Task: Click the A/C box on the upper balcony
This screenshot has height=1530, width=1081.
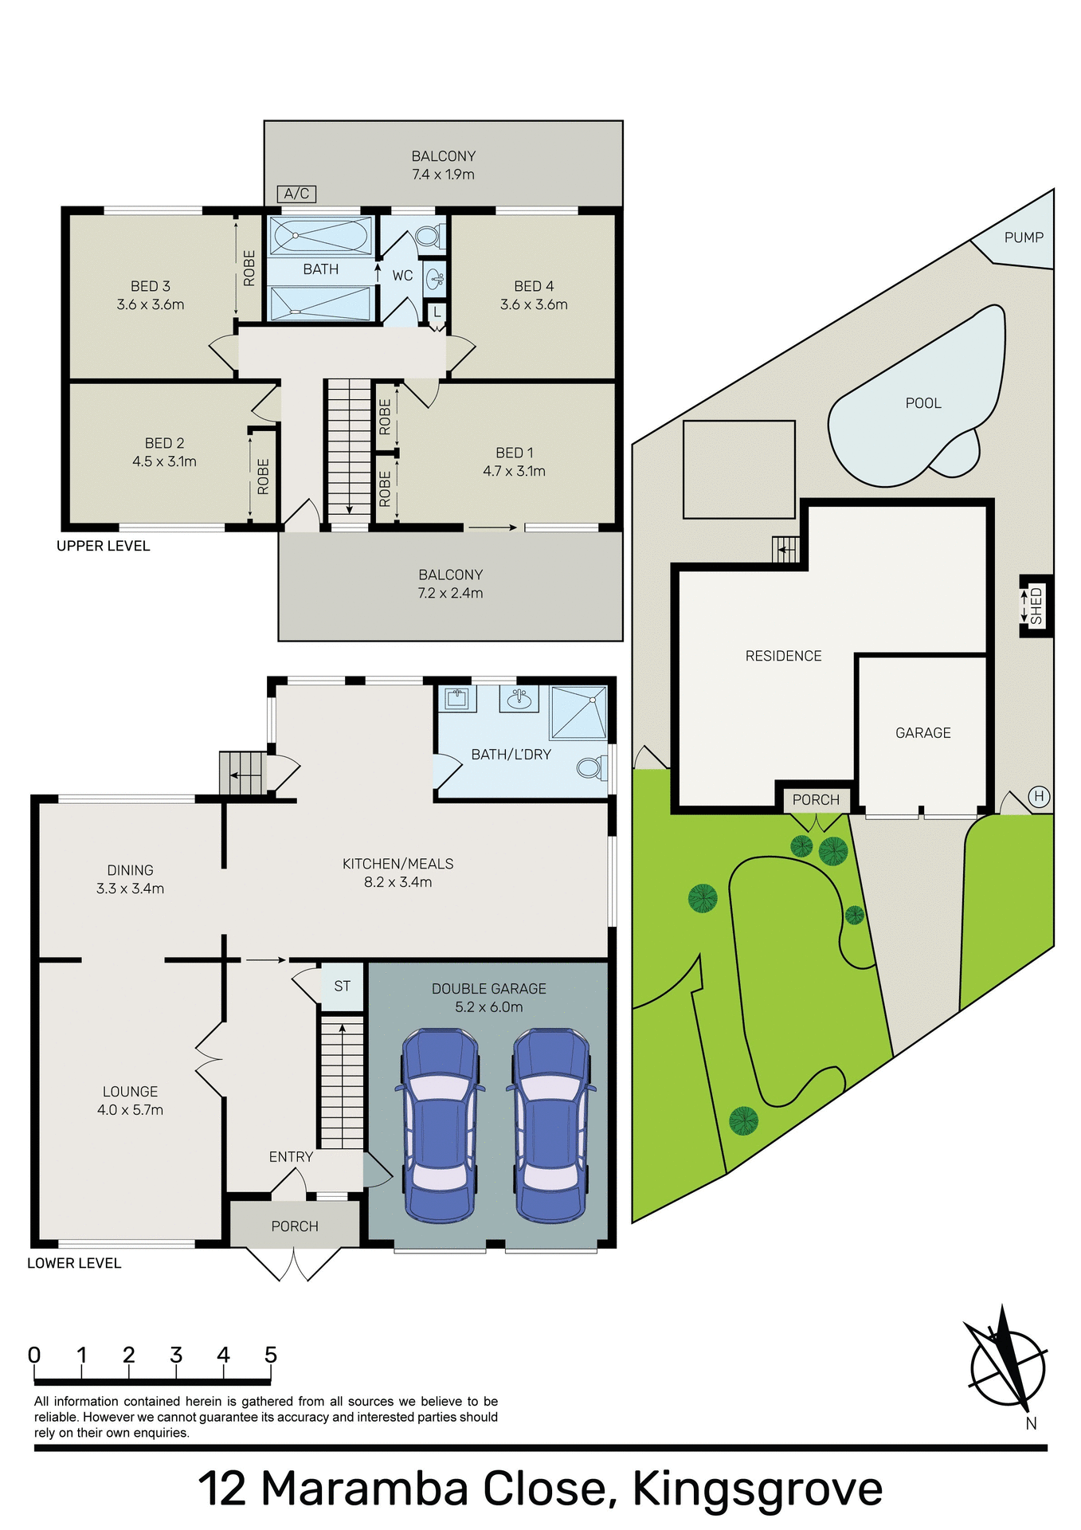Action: (296, 194)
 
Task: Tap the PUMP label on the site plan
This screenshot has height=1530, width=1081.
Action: (1023, 237)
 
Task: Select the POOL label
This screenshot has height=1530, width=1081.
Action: (922, 403)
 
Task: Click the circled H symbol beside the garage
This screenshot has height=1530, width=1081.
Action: (1038, 796)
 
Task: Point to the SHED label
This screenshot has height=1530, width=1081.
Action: (1036, 606)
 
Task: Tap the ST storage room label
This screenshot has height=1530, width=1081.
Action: (342, 987)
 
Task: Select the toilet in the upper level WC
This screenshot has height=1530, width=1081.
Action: (428, 236)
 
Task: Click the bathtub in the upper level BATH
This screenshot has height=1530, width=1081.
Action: (320, 236)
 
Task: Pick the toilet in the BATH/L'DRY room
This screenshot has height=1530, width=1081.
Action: (589, 768)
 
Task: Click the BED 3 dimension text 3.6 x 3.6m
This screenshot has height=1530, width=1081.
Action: (150, 304)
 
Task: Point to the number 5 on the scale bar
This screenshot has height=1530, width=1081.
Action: (271, 1355)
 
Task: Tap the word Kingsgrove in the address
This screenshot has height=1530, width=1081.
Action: (757, 1489)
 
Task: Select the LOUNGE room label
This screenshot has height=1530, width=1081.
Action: (130, 1092)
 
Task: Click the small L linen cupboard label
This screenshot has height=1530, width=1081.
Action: (437, 312)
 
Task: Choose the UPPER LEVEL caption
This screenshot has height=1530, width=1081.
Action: (103, 546)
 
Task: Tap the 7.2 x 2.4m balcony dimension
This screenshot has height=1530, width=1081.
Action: (450, 593)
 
